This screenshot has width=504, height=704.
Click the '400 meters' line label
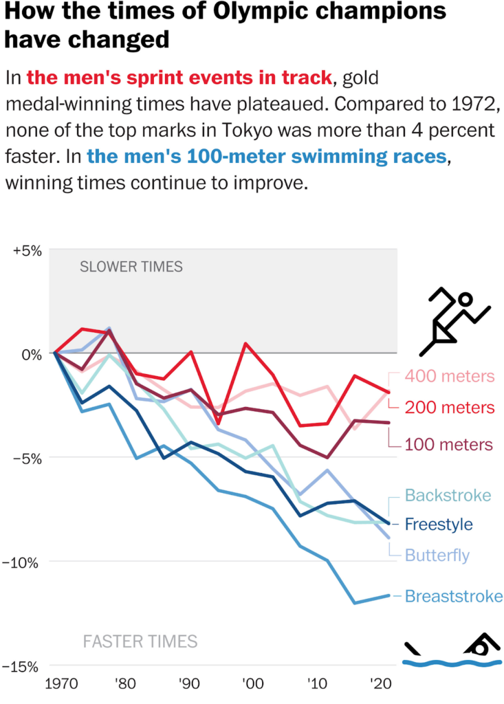point(450,376)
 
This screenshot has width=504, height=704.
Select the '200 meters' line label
point(450,407)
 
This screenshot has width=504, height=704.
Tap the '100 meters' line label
point(450,443)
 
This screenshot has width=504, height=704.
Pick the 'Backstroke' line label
point(448,495)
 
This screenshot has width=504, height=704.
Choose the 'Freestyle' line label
point(439,525)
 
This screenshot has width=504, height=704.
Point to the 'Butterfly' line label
point(437,555)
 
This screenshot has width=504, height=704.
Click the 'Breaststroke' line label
point(454,596)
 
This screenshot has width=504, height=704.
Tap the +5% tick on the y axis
point(28,250)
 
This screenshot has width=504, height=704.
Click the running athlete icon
point(457,318)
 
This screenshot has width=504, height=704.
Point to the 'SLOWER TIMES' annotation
point(131,267)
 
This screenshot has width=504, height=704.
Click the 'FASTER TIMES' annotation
point(140,642)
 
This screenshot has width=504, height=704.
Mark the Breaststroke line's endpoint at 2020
point(390,595)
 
